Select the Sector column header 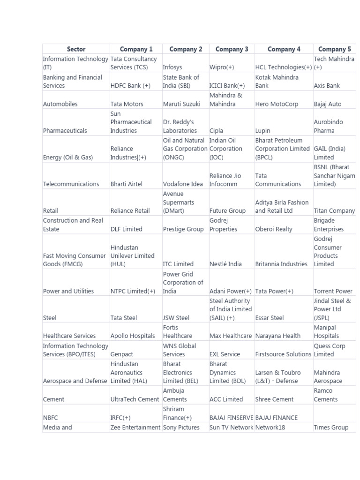coord(76,49)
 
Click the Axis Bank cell coord(327,86)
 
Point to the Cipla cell coord(216,131)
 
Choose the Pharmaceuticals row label coord(65,131)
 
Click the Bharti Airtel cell coord(126,184)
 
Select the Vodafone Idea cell coord(183,184)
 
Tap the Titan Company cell coord(334,211)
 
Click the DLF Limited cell coord(126,229)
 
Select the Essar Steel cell coord(270,318)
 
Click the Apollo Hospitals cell coord(133,336)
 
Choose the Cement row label coord(53,399)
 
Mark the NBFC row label coord(51,418)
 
